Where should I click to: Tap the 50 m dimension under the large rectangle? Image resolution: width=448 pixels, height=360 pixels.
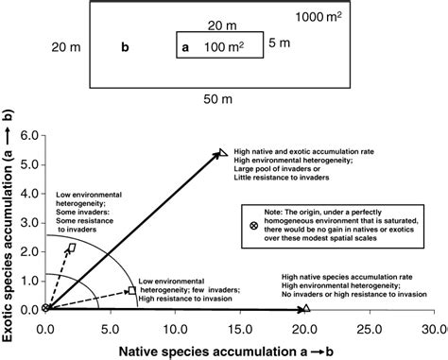coord(222,96)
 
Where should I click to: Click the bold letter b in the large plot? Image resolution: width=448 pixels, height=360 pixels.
coord(126,45)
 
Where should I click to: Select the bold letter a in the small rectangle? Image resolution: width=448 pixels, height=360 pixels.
coord(185,45)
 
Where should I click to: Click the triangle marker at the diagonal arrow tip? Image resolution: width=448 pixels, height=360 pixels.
coord(223,152)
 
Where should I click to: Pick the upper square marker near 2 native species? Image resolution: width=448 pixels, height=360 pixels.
coord(72,247)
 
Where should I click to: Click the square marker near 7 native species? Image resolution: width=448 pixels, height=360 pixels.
coord(131,291)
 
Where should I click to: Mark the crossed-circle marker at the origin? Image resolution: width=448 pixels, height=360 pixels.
coord(45,308)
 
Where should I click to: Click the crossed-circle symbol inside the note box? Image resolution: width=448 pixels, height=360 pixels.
coord(252,227)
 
